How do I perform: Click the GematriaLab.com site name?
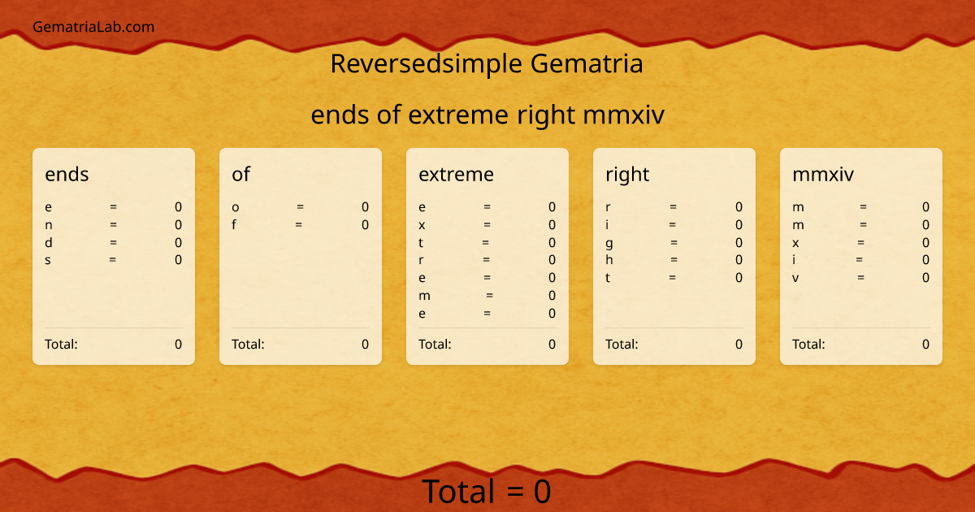93,27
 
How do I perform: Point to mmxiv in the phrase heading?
623,115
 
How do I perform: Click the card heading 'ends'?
67,174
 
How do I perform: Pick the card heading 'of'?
240,174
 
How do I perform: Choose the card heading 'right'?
627,174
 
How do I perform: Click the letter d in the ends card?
49,242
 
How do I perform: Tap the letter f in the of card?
234,224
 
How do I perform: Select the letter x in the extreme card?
422,224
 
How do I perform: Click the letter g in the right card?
609,243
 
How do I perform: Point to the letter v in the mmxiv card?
795,278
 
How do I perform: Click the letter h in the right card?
609,260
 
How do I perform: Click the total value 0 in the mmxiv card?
925,344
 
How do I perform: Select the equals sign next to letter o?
300,207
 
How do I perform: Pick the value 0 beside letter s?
178,260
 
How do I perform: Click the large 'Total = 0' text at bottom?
487,492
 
